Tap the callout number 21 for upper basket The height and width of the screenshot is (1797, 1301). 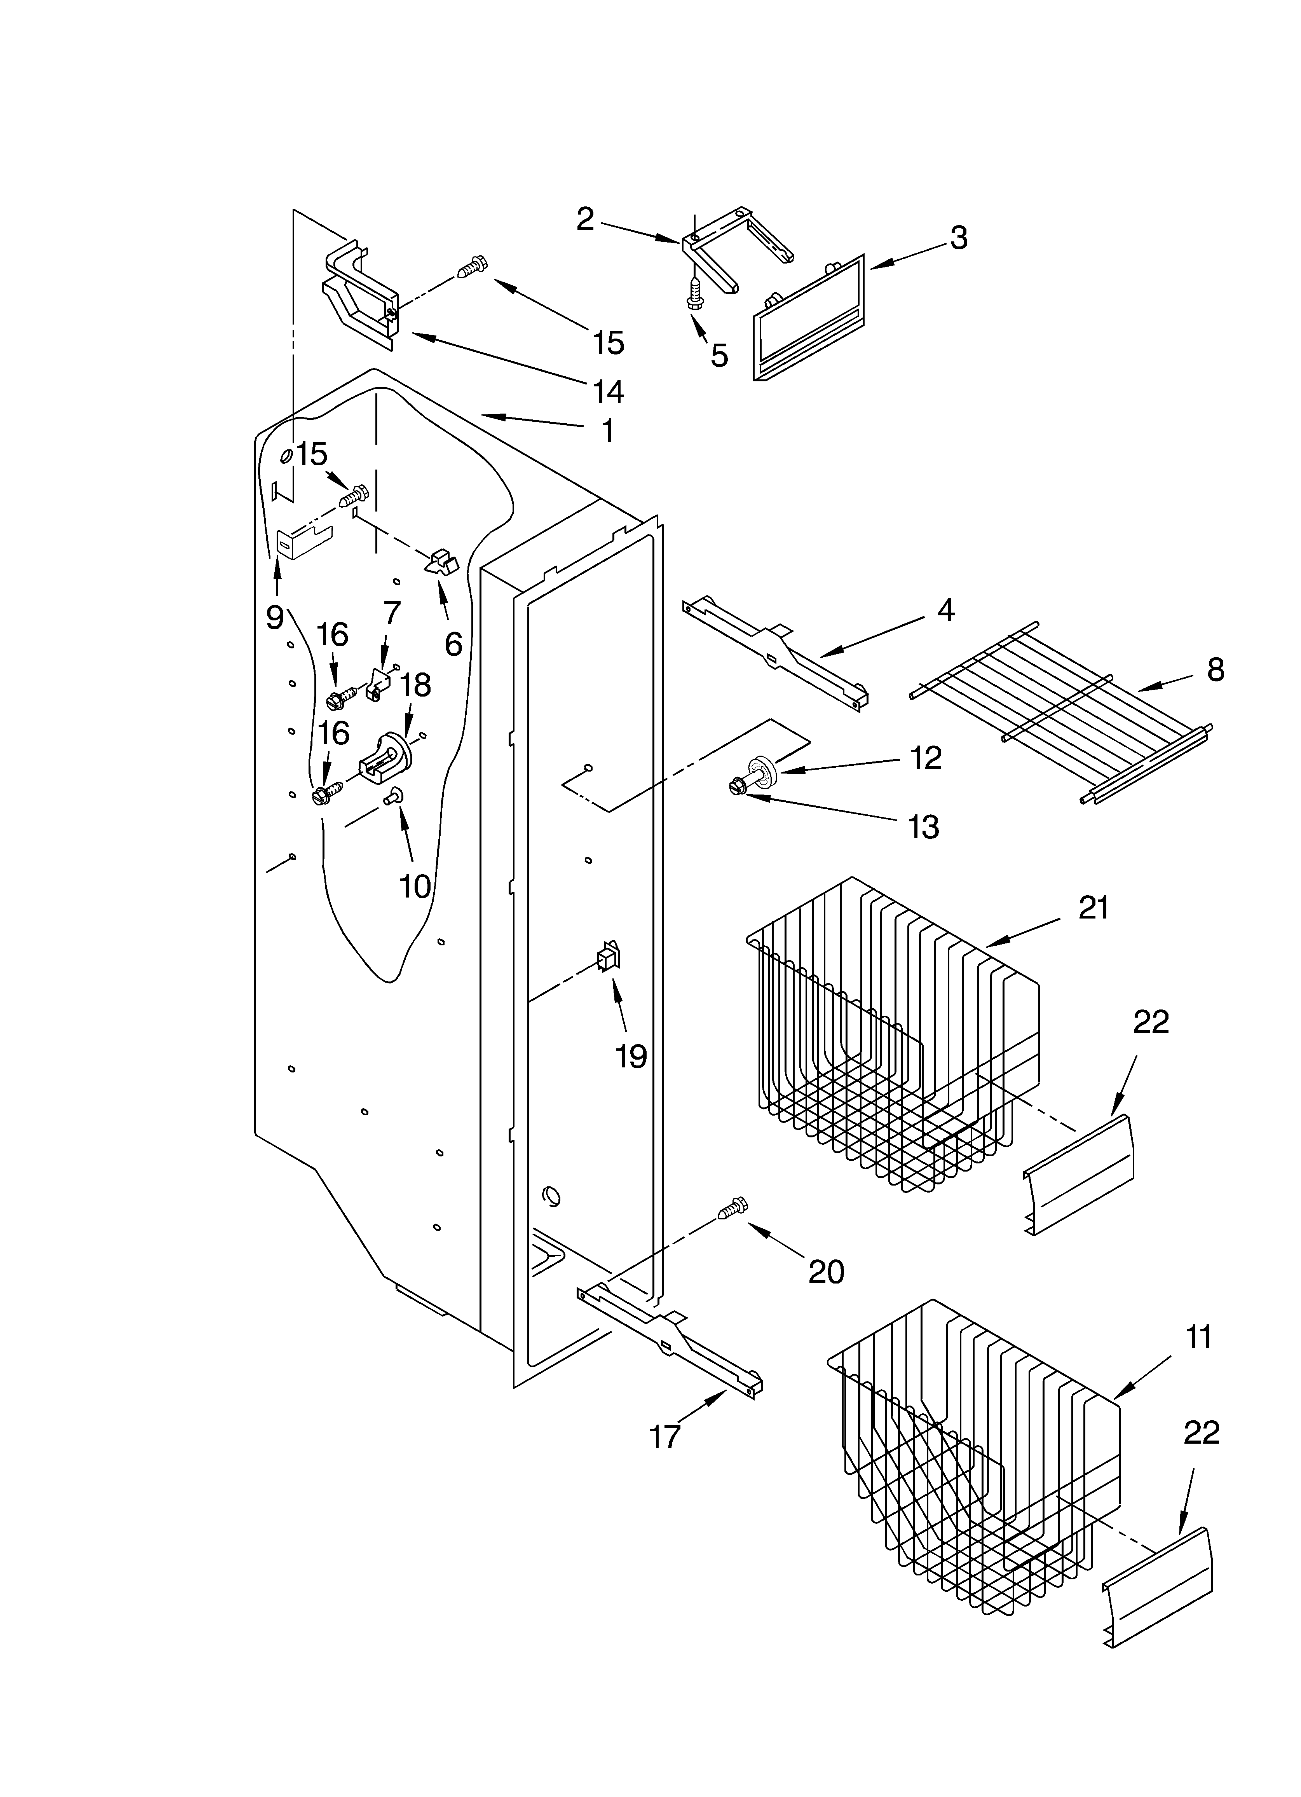1093,907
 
